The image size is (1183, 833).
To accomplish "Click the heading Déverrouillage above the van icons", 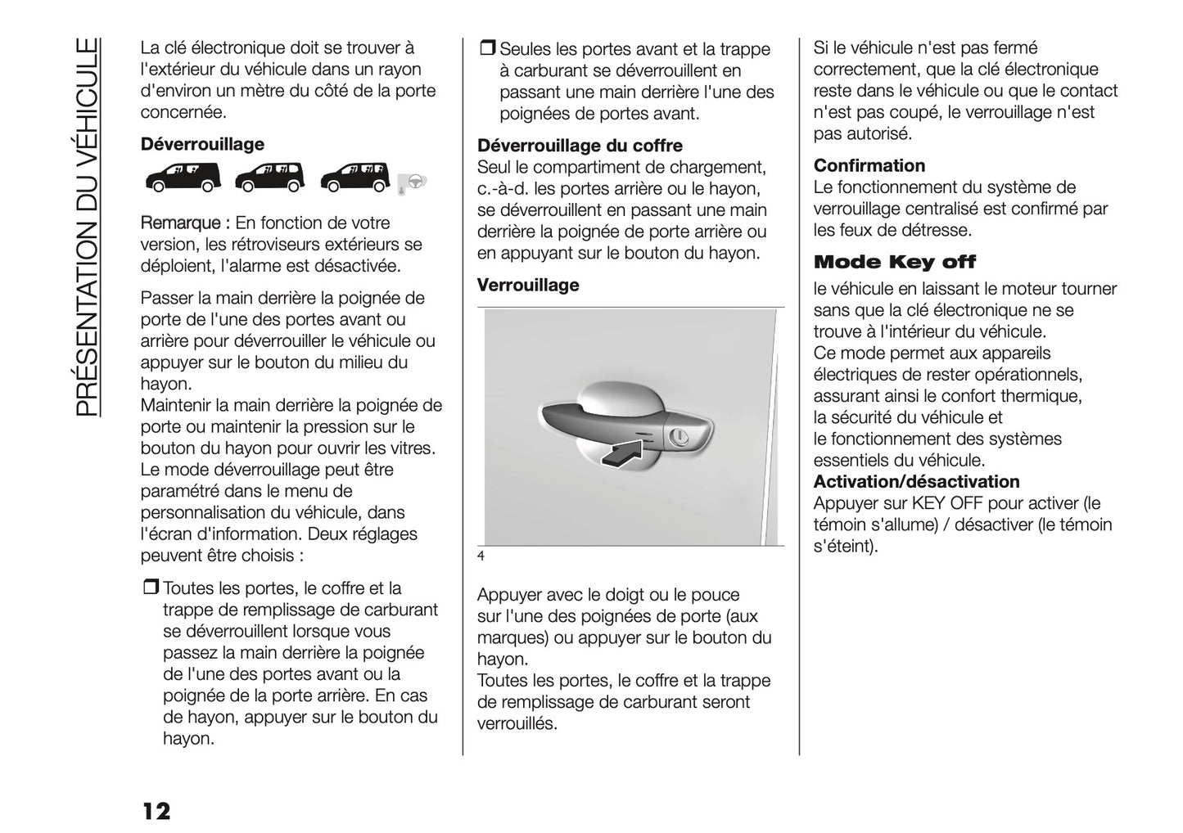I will (202, 145).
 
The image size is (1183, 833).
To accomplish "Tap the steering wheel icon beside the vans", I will (413, 182).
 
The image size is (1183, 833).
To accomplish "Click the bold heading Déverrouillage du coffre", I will (579, 146).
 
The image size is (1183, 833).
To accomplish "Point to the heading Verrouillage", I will (527, 286).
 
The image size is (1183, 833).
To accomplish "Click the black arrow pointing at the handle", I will (624, 453).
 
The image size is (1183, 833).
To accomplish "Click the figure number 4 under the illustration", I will (481, 557).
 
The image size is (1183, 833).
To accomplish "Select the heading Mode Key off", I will (894, 263).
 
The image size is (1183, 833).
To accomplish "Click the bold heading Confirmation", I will (869, 166).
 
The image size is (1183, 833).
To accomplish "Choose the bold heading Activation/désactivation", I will (916, 482).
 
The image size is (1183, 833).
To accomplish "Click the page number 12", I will (156, 812).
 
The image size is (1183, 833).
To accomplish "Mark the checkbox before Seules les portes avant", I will (486, 49).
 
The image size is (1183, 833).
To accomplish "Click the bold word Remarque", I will (179, 223).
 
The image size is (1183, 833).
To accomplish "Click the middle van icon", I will (269, 178).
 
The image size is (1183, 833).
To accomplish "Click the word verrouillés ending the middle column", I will (516, 724).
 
